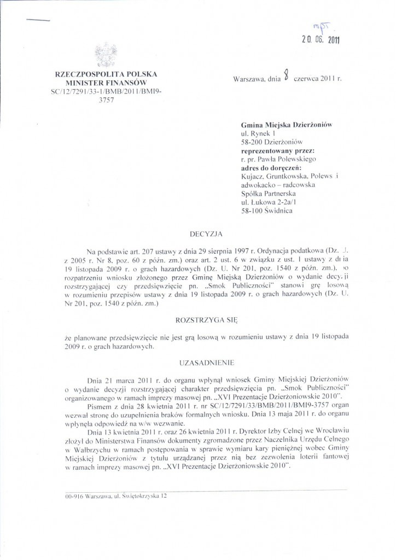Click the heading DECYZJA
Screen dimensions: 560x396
pos(205,233)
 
